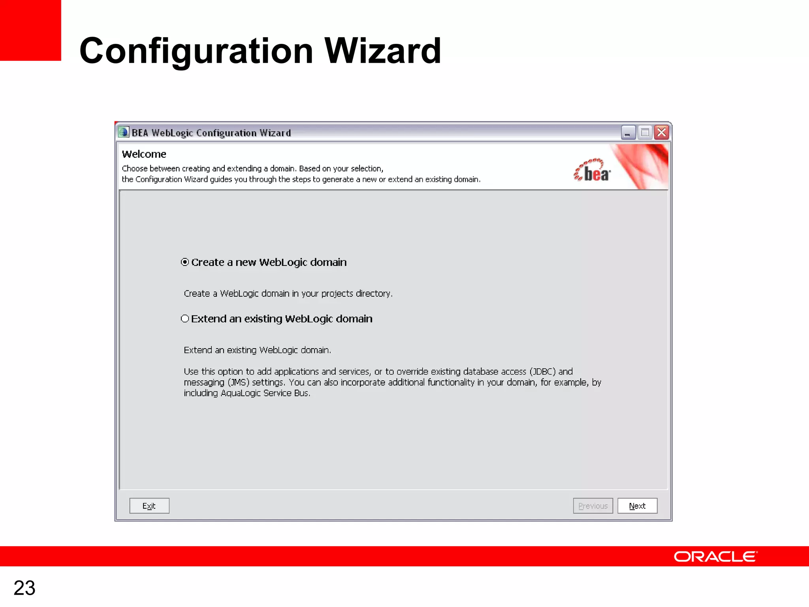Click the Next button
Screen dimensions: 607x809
pyautogui.click(x=637, y=506)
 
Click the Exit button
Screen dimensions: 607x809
pyautogui.click(x=149, y=506)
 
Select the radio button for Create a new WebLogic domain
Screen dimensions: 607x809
pyautogui.click(x=185, y=262)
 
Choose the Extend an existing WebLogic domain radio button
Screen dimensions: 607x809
pyautogui.click(x=185, y=319)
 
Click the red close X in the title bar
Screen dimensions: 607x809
pyautogui.click(x=662, y=132)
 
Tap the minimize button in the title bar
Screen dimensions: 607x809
pyautogui.click(x=628, y=132)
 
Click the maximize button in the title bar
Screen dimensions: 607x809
pyautogui.click(x=645, y=132)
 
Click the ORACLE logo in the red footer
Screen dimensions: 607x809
pyautogui.click(x=715, y=556)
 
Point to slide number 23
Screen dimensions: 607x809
pyautogui.click(x=24, y=588)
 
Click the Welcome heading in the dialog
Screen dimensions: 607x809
pyautogui.click(x=144, y=154)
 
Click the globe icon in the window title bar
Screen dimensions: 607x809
pyautogui.click(x=124, y=132)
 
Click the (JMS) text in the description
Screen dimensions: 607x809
pyautogui.click(x=238, y=383)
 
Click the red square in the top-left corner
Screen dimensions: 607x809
pyautogui.click(x=30, y=30)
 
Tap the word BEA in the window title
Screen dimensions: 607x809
pyautogui.click(x=139, y=133)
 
